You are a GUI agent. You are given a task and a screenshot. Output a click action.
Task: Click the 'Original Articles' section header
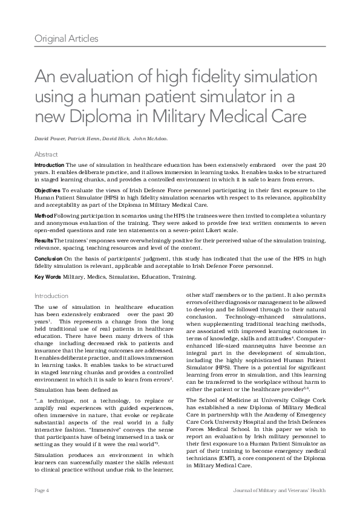tap(67, 39)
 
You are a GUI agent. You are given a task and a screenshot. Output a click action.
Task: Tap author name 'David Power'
tap(50, 138)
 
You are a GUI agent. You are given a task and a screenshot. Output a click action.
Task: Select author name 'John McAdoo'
tap(151, 138)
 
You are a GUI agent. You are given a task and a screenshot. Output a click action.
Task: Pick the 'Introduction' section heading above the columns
tap(51, 296)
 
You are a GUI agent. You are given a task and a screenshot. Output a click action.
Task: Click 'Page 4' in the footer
tap(42, 489)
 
